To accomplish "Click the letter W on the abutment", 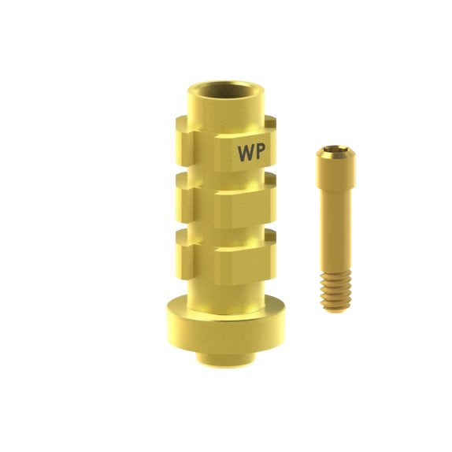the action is pyautogui.click(x=246, y=153).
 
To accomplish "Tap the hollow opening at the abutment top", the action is pyautogui.click(x=226, y=91).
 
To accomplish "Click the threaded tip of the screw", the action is pyautogui.click(x=335, y=291).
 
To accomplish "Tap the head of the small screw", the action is pyautogui.click(x=335, y=168).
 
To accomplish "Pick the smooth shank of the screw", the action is pyautogui.click(x=335, y=230).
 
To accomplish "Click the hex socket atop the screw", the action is pyautogui.click(x=335, y=149).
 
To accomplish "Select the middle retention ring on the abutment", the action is pyautogui.click(x=226, y=200).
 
